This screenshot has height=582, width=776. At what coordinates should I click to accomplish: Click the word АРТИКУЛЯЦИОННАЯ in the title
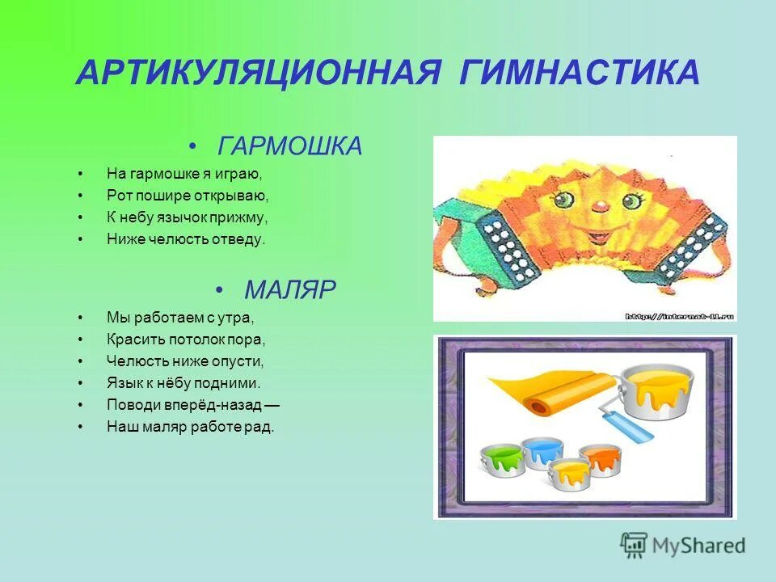pos(258,73)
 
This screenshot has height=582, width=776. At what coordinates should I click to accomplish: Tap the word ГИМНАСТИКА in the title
pos(580,73)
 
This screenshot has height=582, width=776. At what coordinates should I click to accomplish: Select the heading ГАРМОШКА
pos(290,147)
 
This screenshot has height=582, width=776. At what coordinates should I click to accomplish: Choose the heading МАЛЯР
pos(290,289)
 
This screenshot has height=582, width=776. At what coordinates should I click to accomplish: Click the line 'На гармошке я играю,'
pos(185,173)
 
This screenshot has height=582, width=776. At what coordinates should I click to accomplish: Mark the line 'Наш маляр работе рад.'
pos(191,427)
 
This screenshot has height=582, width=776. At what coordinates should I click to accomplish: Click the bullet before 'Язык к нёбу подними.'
pos(81,383)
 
